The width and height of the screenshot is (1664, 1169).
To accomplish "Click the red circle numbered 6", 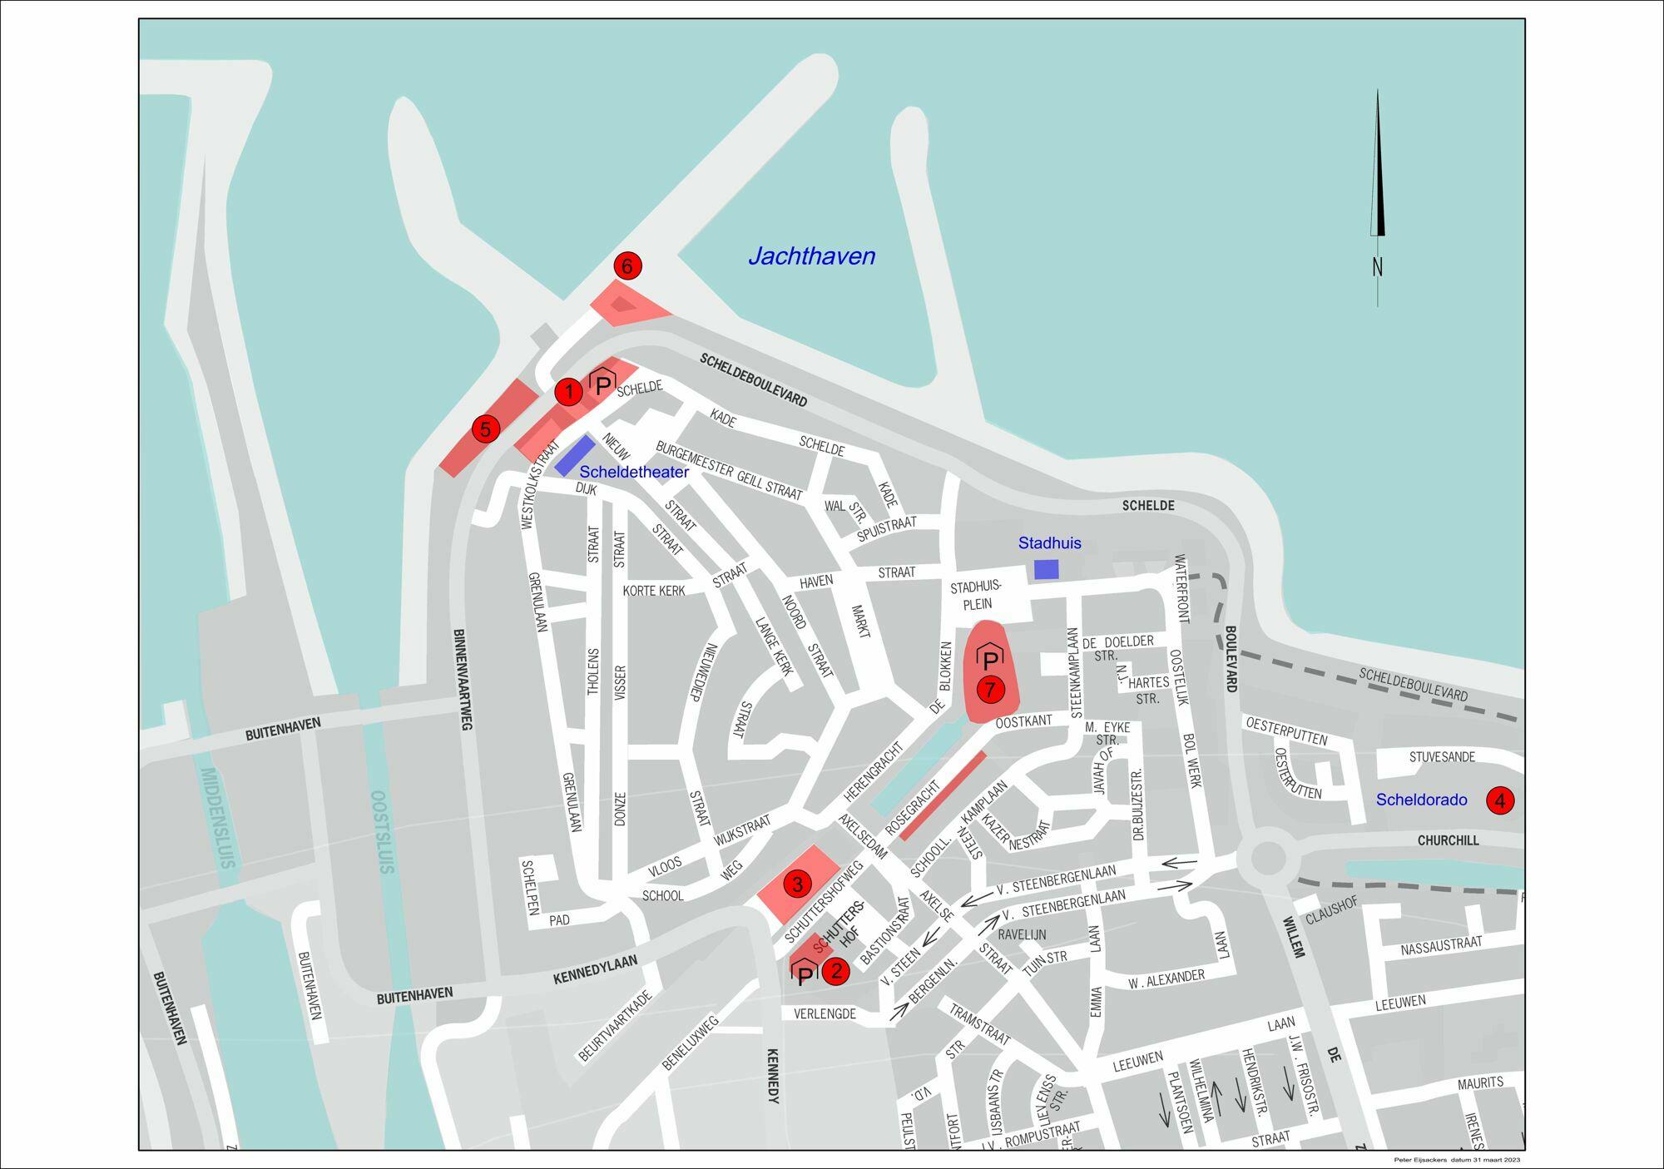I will pos(627,265).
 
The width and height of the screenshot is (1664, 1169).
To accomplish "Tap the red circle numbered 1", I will pos(568,391).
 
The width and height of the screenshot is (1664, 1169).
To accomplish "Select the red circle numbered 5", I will pos(485,429).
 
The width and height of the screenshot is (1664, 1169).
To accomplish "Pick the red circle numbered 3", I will pos(796,884).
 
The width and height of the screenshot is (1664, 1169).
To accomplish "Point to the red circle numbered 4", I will pos(1500,800).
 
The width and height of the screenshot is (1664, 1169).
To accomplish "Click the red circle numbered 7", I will pos(989,689).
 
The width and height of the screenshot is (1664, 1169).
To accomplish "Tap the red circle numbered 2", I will pos(836,970).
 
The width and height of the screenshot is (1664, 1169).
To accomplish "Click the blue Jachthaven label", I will pos(811,256).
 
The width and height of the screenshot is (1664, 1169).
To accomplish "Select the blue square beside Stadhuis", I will pos(1046,569).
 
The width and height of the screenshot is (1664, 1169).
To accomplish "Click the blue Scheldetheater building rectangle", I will pos(575,455).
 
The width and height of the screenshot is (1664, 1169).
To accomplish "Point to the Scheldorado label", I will pos(1421,800).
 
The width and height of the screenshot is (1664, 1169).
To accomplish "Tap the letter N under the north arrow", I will pos(1377,267).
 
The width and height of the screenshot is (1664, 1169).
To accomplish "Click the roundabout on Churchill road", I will pos(1266,859).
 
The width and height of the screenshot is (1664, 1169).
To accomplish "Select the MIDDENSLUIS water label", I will pos(219,819).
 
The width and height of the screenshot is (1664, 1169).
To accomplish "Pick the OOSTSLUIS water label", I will pos(381,831).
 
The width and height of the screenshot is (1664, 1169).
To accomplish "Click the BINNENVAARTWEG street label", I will pos(463,680).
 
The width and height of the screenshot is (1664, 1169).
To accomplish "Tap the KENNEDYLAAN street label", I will pos(595,970).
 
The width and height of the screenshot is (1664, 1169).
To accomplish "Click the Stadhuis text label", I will pos(1049,543).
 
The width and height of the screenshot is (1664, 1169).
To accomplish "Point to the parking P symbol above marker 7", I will pos(989,659).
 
